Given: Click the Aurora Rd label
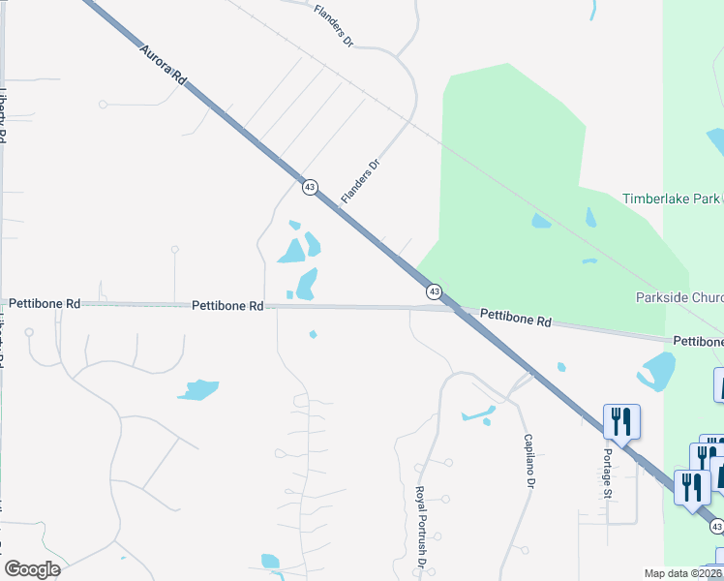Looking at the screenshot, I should tap(163, 67).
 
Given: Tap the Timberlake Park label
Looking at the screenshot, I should tap(672, 199).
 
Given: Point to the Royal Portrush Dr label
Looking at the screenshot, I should tap(421, 527).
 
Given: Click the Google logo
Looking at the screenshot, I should tap(32, 569).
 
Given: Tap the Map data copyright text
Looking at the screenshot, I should tap(683, 573).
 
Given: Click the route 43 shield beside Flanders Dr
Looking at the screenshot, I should tap(310, 187).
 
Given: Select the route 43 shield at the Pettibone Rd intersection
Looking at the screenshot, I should tap(435, 290).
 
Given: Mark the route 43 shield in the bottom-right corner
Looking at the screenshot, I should tap(715, 525).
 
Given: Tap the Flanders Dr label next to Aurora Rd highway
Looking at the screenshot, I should tap(362, 181).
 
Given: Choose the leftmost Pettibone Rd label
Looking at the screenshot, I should tap(45, 303).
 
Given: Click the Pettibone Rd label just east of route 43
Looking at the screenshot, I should tap(515, 317).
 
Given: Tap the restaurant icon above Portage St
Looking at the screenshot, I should tap(620, 421).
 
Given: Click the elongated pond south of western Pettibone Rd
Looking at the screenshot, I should tap(198, 389).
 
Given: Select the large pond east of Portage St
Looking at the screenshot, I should tap(657, 371).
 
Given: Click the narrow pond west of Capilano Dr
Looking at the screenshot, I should tap(477, 414).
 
